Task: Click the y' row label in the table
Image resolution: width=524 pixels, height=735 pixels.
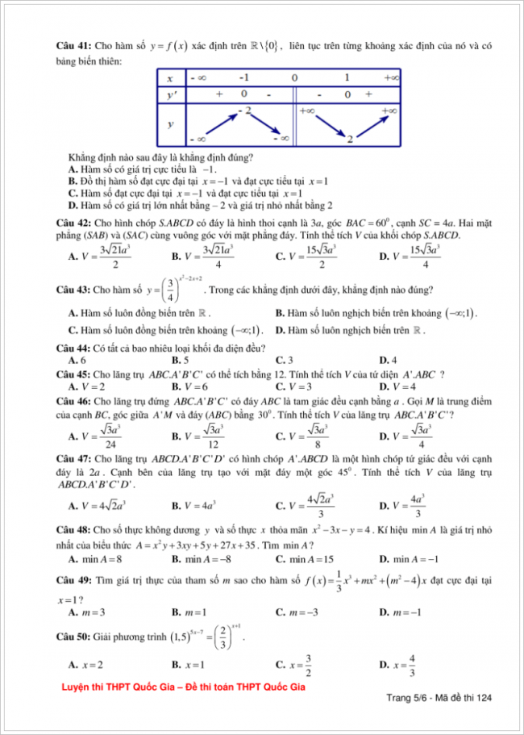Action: coord(171,94)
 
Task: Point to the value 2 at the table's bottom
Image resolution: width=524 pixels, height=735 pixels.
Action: coord(350,140)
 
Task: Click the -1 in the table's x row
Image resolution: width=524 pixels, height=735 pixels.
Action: coord(244,78)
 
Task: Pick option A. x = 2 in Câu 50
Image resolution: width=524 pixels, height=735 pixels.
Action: coord(85,666)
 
